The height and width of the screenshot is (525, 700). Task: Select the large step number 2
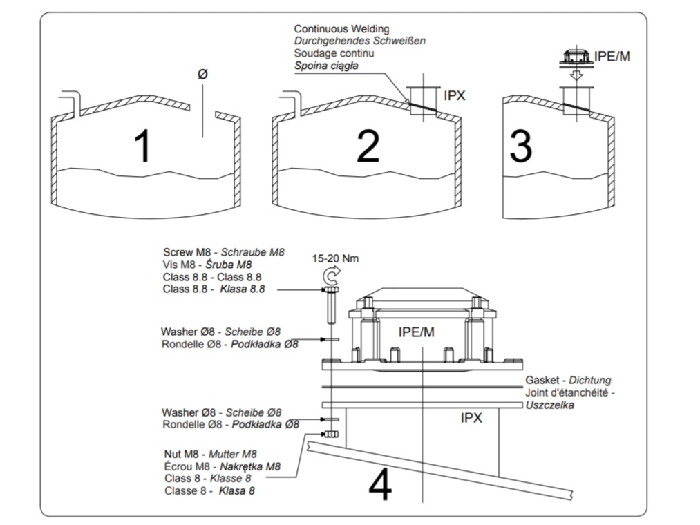368,146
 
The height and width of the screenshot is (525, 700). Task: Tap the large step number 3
520,146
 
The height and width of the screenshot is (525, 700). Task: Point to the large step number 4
380,486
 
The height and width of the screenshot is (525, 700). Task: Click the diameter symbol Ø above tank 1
202,74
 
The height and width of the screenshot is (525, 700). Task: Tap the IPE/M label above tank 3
612,56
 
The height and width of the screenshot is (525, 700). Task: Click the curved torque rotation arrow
330,276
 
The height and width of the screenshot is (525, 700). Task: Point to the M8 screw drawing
330,304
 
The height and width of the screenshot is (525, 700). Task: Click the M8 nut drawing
330,435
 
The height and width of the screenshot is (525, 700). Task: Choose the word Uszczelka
549,405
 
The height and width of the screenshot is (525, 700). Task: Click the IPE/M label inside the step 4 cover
417,332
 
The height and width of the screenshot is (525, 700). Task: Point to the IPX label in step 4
471,418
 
